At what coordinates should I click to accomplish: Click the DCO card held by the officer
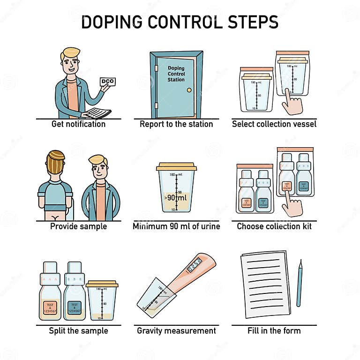[x=107, y=82]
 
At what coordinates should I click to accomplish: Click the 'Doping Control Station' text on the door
[x=176, y=74]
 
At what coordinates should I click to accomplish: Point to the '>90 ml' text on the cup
[x=176, y=197]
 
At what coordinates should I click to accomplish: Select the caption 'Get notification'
[x=78, y=124]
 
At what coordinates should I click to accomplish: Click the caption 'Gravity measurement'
[x=176, y=330]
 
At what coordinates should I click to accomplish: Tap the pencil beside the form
[x=300, y=283]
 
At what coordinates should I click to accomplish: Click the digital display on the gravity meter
[x=194, y=265]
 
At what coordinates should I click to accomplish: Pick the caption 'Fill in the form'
[x=274, y=330]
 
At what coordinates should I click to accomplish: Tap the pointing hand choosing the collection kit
[x=292, y=205]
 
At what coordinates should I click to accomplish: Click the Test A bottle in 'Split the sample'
[x=50, y=292]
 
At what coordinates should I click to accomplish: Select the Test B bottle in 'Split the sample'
[x=75, y=292]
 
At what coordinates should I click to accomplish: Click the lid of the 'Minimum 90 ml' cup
[x=176, y=166]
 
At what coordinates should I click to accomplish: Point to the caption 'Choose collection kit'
[x=274, y=226]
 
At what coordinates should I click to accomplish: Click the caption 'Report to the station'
[x=176, y=124]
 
